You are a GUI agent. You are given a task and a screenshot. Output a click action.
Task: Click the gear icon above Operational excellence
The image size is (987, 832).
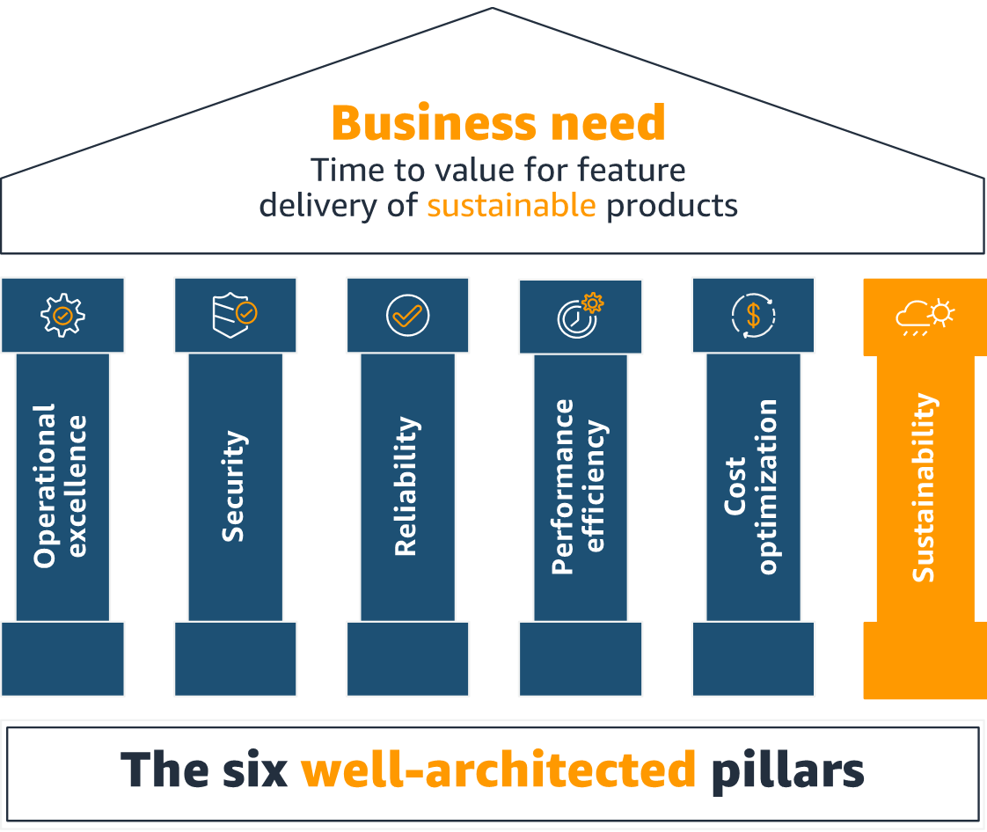62,315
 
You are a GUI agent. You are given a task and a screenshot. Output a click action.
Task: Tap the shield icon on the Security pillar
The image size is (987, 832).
234,316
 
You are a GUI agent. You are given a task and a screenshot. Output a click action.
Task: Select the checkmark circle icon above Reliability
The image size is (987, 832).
407,315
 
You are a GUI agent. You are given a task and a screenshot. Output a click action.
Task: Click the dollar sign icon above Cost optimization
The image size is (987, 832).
753,316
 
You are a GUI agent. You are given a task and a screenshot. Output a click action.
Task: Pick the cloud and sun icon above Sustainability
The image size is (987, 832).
925,317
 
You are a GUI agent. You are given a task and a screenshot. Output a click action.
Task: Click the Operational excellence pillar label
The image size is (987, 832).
61,485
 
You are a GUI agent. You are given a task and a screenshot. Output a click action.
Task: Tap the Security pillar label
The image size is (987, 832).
233,485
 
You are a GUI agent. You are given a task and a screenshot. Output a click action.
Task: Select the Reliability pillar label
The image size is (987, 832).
406,485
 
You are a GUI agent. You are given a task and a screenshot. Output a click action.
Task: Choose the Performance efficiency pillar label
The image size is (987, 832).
579,486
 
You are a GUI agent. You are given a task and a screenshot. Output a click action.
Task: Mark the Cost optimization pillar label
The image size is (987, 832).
752,486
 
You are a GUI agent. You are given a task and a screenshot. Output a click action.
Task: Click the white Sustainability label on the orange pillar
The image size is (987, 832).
924,487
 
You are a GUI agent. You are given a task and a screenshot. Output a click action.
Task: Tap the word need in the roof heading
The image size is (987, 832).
615,124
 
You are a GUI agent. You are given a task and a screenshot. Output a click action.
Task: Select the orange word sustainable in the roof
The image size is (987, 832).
511,205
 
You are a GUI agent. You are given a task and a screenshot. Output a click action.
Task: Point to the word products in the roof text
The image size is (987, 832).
672,205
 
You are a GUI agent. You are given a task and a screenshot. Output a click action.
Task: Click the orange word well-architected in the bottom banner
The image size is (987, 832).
499,770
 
